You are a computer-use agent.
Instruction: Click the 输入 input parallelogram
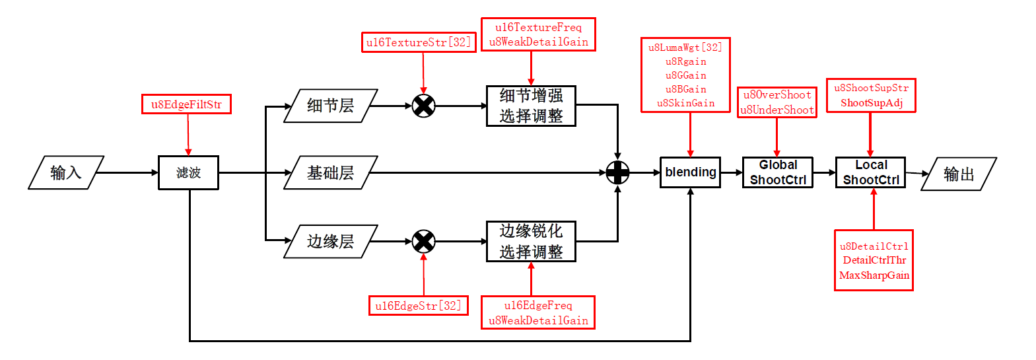[66, 173]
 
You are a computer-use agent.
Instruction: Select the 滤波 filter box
[188, 173]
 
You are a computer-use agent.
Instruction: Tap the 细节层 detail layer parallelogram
[330, 106]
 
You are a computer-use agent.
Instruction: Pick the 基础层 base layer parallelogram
[330, 173]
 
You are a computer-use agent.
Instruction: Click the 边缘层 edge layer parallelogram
[330, 242]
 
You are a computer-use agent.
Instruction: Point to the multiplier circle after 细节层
[423, 106]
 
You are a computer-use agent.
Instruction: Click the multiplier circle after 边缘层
[423, 242]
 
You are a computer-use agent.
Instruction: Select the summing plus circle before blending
[617, 173]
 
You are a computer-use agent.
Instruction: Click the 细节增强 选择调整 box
[531, 106]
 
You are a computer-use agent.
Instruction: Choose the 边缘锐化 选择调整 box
[531, 242]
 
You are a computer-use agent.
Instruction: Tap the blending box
[690, 172]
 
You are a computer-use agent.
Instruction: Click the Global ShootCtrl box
[777, 172]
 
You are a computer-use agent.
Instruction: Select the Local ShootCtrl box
[870, 172]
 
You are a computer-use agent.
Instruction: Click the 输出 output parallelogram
[959, 174]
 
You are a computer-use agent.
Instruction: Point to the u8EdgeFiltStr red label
[186, 104]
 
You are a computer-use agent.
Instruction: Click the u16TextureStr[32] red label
[419, 42]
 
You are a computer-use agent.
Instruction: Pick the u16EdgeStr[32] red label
[419, 306]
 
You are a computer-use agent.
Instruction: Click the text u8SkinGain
[685, 103]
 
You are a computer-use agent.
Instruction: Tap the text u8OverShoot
[777, 95]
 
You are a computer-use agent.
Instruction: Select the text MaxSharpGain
[874, 275]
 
